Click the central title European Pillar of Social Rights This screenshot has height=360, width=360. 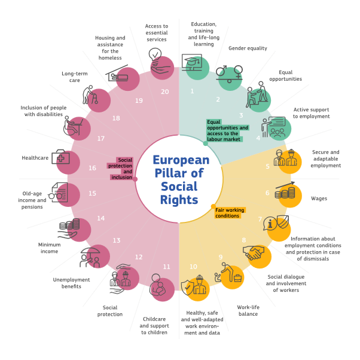(180, 179)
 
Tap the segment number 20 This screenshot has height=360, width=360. (164, 91)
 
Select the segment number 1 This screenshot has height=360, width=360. (192, 91)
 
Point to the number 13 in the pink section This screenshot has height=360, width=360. (116, 240)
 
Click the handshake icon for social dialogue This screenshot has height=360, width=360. (257, 254)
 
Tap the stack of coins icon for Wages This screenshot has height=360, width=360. (285, 193)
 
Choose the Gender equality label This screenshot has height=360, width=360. (248, 48)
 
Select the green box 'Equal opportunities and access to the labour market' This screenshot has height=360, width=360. (227, 130)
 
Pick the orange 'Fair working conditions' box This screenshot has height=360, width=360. (230, 213)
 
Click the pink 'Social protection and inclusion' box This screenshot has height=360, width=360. (121, 169)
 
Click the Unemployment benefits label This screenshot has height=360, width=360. (71, 282)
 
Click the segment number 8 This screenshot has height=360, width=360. (244, 240)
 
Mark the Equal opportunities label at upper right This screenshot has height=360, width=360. (285, 75)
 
